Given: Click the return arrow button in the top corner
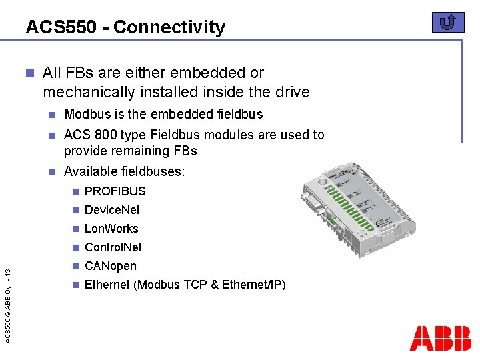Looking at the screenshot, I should click(448, 23).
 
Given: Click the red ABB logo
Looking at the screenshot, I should click(440, 338).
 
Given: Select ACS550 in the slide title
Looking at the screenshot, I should click(65, 27).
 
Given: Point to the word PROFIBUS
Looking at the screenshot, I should click(115, 191).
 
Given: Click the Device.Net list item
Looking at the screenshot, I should click(112, 210).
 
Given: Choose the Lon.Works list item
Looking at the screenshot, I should click(111, 229).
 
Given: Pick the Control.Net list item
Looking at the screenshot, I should click(113, 247).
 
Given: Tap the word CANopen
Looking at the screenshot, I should click(111, 266).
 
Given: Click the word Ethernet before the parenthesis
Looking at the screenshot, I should click(107, 285).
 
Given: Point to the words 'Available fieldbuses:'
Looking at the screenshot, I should click(124, 171).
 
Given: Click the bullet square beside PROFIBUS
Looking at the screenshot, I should click(76, 191).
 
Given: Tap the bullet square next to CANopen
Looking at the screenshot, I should click(76, 266).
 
